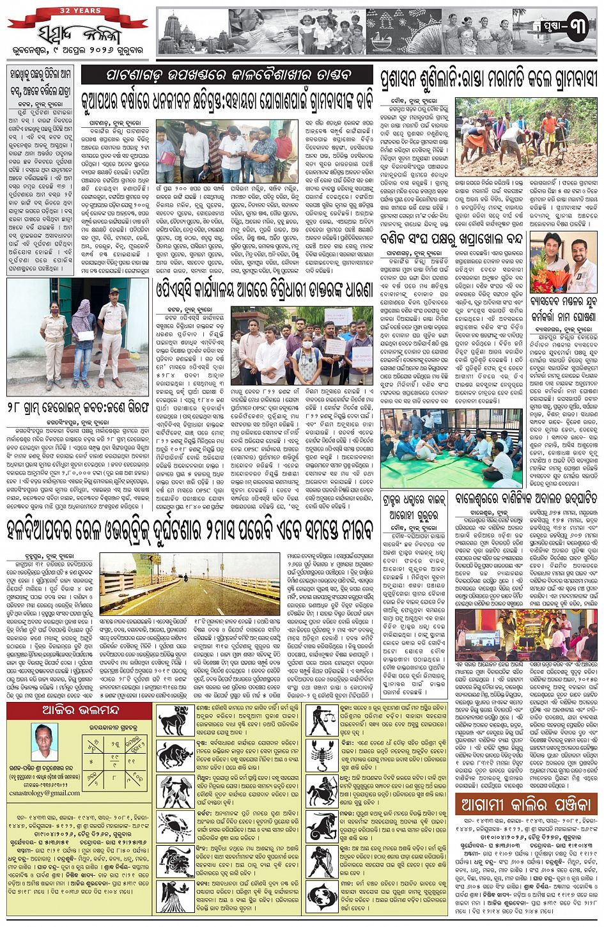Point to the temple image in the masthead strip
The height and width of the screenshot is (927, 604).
192,32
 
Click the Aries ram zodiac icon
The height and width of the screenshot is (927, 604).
175,720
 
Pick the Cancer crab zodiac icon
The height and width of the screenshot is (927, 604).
175,825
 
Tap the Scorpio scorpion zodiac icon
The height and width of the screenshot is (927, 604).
323,756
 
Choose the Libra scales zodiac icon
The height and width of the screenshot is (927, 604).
323,720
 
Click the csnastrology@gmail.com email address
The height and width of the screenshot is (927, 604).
44,793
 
